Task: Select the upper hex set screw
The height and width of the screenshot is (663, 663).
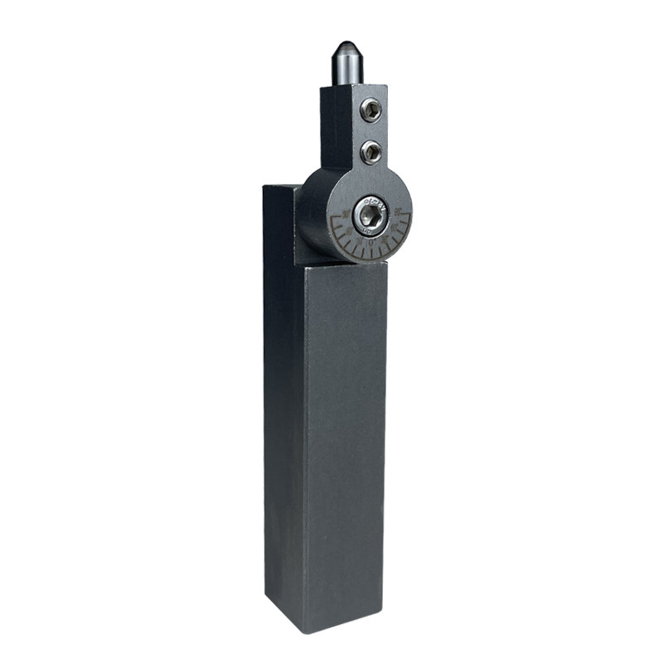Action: pos(371,110)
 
